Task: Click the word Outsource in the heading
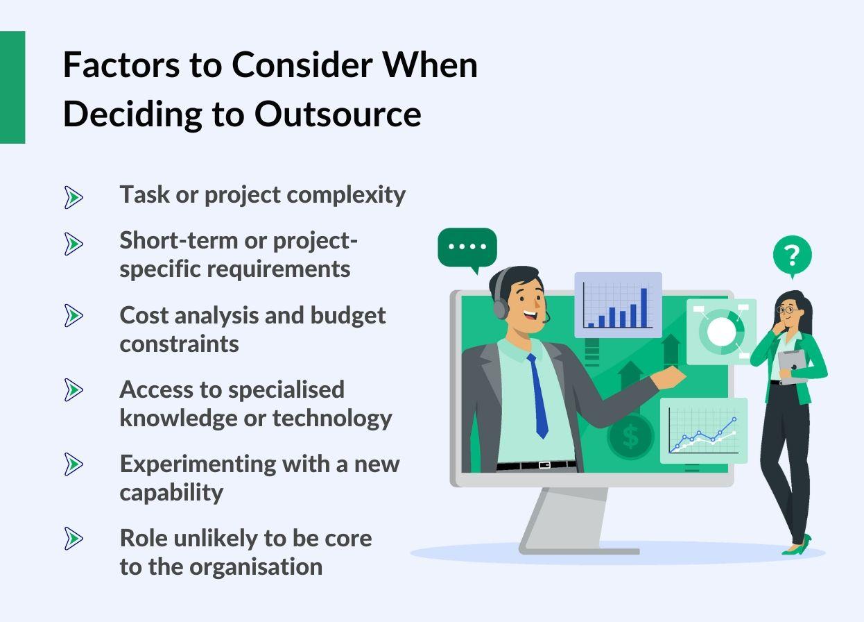point(338,115)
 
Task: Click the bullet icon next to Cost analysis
point(73,316)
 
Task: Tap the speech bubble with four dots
point(467,248)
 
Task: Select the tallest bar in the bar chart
point(643,307)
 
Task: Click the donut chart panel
point(721,332)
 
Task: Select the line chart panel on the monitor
point(703,430)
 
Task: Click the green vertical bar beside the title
point(12,87)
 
